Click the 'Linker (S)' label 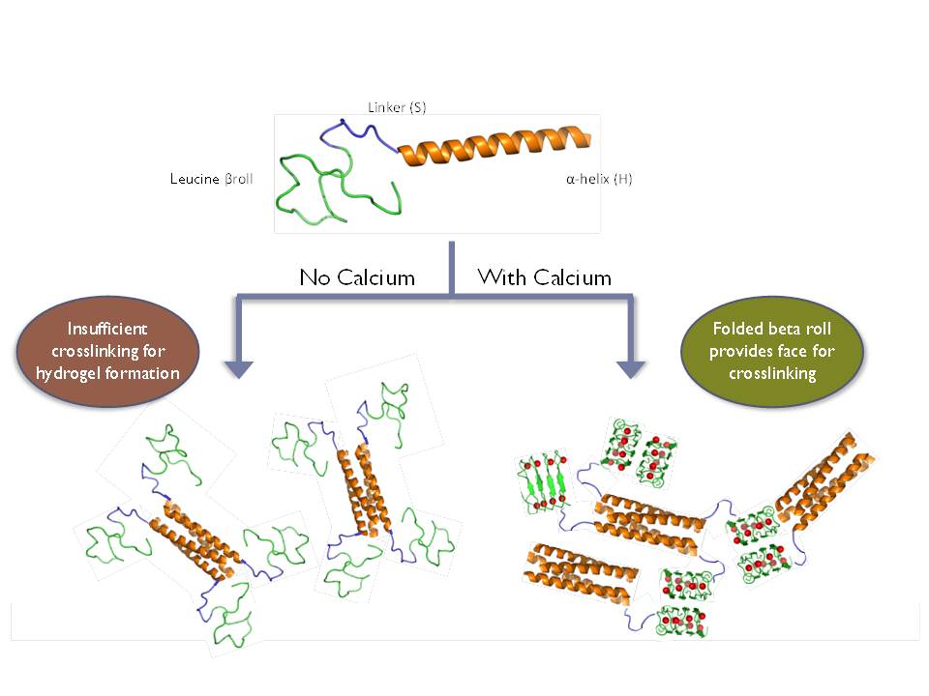tap(397, 107)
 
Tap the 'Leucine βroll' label tap(211, 179)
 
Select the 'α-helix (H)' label tap(599, 179)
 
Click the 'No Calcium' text tap(357, 278)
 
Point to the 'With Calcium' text tap(545, 277)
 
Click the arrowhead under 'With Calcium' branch tap(632, 368)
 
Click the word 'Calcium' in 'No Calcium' tap(377, 278)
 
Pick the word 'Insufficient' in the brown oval tap(108, 332)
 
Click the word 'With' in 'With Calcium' tap(499, 277)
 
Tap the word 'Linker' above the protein tap(385, 107)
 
